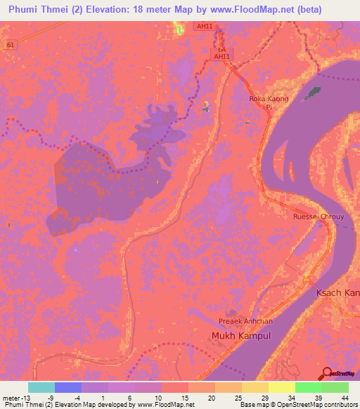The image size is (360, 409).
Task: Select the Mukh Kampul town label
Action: tap(238, 336)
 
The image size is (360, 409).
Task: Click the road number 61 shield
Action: tap(9, 44)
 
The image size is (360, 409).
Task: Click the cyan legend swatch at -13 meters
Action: tap(41, 387)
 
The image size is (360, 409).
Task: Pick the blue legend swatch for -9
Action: tap(68, 387)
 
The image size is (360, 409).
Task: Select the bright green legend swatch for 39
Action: tap(309, 387)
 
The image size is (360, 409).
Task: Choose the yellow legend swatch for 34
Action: tap(282, 387)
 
